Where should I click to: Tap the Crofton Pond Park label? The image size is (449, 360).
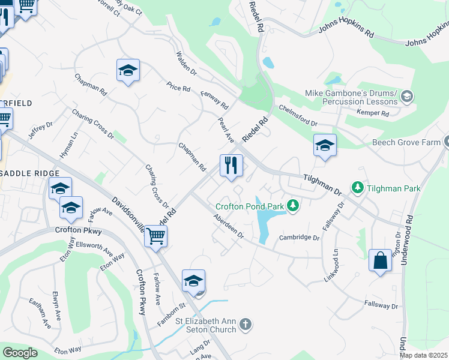(249, 206)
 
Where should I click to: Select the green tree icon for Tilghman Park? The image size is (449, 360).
(358, 188)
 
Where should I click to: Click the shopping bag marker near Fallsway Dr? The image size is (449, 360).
(380, 260)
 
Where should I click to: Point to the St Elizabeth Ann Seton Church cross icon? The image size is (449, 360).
(245, 325)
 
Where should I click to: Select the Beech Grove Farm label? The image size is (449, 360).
(407, 142)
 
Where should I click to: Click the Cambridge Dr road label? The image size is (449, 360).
(300, 238)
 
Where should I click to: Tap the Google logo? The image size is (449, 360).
(20, 353)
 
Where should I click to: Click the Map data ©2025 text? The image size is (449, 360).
(424, 355)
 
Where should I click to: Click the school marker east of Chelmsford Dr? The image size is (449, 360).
(325, 146)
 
